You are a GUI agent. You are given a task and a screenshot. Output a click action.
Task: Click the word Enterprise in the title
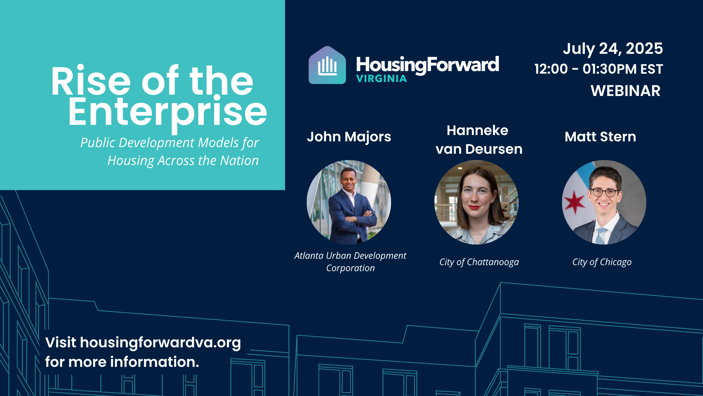click(168, 113)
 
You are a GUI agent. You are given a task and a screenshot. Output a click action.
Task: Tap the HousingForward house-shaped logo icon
click(327, 65)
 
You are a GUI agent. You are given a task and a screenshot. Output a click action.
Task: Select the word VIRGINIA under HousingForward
click(381, 79)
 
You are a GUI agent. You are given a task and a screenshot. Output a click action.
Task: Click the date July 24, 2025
click(613, 49)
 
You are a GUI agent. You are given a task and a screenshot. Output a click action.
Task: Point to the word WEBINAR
click(626, 91)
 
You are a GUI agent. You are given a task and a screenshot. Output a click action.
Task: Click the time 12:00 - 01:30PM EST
click(599, 69)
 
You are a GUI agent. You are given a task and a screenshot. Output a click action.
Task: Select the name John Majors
click(349, 137)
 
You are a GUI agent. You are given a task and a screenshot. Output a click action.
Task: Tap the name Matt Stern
click(600, 137)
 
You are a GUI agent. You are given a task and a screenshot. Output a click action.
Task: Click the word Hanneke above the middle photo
click(477, 130)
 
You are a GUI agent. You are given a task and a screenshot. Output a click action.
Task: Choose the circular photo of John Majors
click(349, 202)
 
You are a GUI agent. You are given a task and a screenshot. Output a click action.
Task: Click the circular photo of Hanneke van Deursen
click(476, 202)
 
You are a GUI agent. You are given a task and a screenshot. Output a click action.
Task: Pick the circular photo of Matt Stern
click(604, 202)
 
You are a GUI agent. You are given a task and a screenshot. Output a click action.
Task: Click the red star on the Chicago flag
click(574, 202)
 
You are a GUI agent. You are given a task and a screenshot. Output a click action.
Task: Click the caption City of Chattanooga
click(479, 262)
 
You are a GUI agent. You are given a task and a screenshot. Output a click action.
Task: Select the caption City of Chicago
click(602, 262)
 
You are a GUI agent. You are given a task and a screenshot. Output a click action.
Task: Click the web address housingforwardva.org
click(160, 343)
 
